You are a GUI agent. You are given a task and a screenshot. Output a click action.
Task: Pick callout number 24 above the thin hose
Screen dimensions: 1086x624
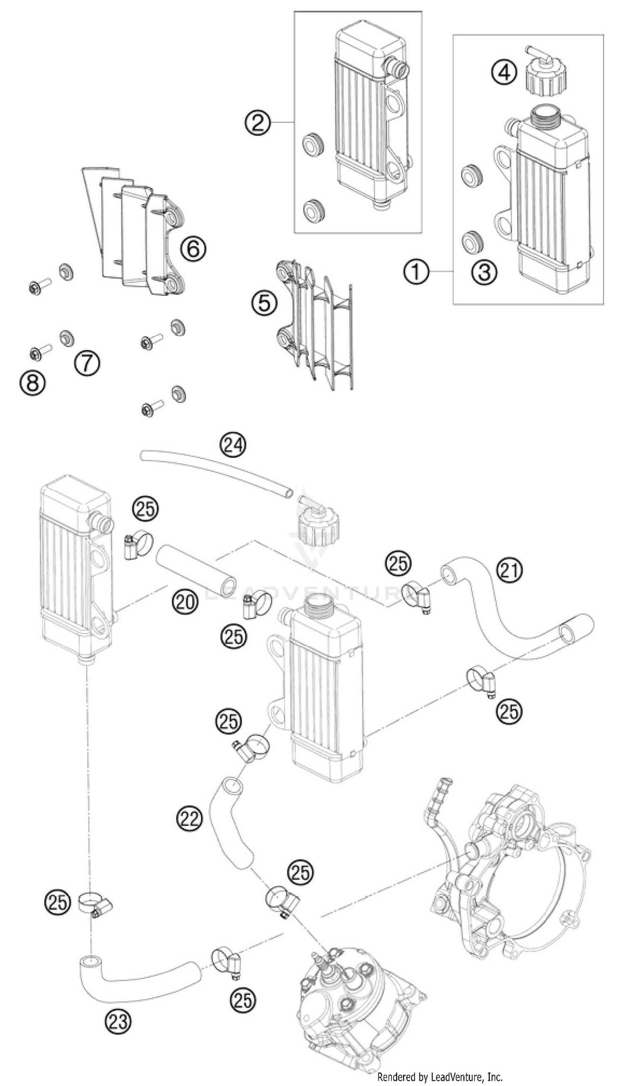click(233, 446)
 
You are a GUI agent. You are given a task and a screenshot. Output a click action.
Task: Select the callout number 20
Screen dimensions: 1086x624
click(186, 602)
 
